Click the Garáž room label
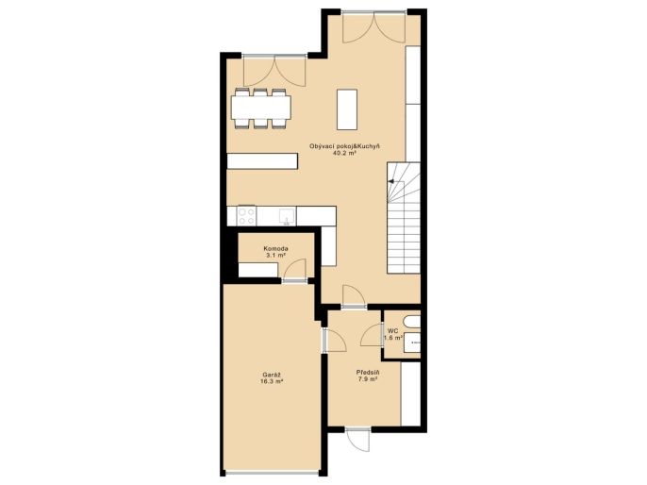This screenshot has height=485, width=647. [x=272, y=375]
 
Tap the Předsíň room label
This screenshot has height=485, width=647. [x=368, y=373]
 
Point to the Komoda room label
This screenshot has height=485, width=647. [x=275, y=249]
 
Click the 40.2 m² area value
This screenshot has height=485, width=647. [x=344, y=153]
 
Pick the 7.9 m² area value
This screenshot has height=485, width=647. [x=368, y=379]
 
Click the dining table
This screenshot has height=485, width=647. [x=261, y=108]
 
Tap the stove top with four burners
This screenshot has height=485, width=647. [x=246, y=216]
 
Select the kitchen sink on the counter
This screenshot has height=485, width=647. [x=287, y=216]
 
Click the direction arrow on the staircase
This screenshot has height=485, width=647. [x=390, y=181]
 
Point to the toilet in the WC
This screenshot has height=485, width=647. [x=413, y=322]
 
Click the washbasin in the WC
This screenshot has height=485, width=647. [x=412, y=343]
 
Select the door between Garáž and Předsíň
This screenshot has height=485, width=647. [x=333, y=341]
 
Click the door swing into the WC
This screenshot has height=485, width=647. [x=372, y=335]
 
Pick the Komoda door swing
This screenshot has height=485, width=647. [x=295, y=269]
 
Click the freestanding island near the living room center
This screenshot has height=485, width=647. [x=347, y=109]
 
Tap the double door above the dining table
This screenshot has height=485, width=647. [x=274, y=71]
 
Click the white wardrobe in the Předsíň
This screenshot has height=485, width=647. [x=410, y=393]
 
